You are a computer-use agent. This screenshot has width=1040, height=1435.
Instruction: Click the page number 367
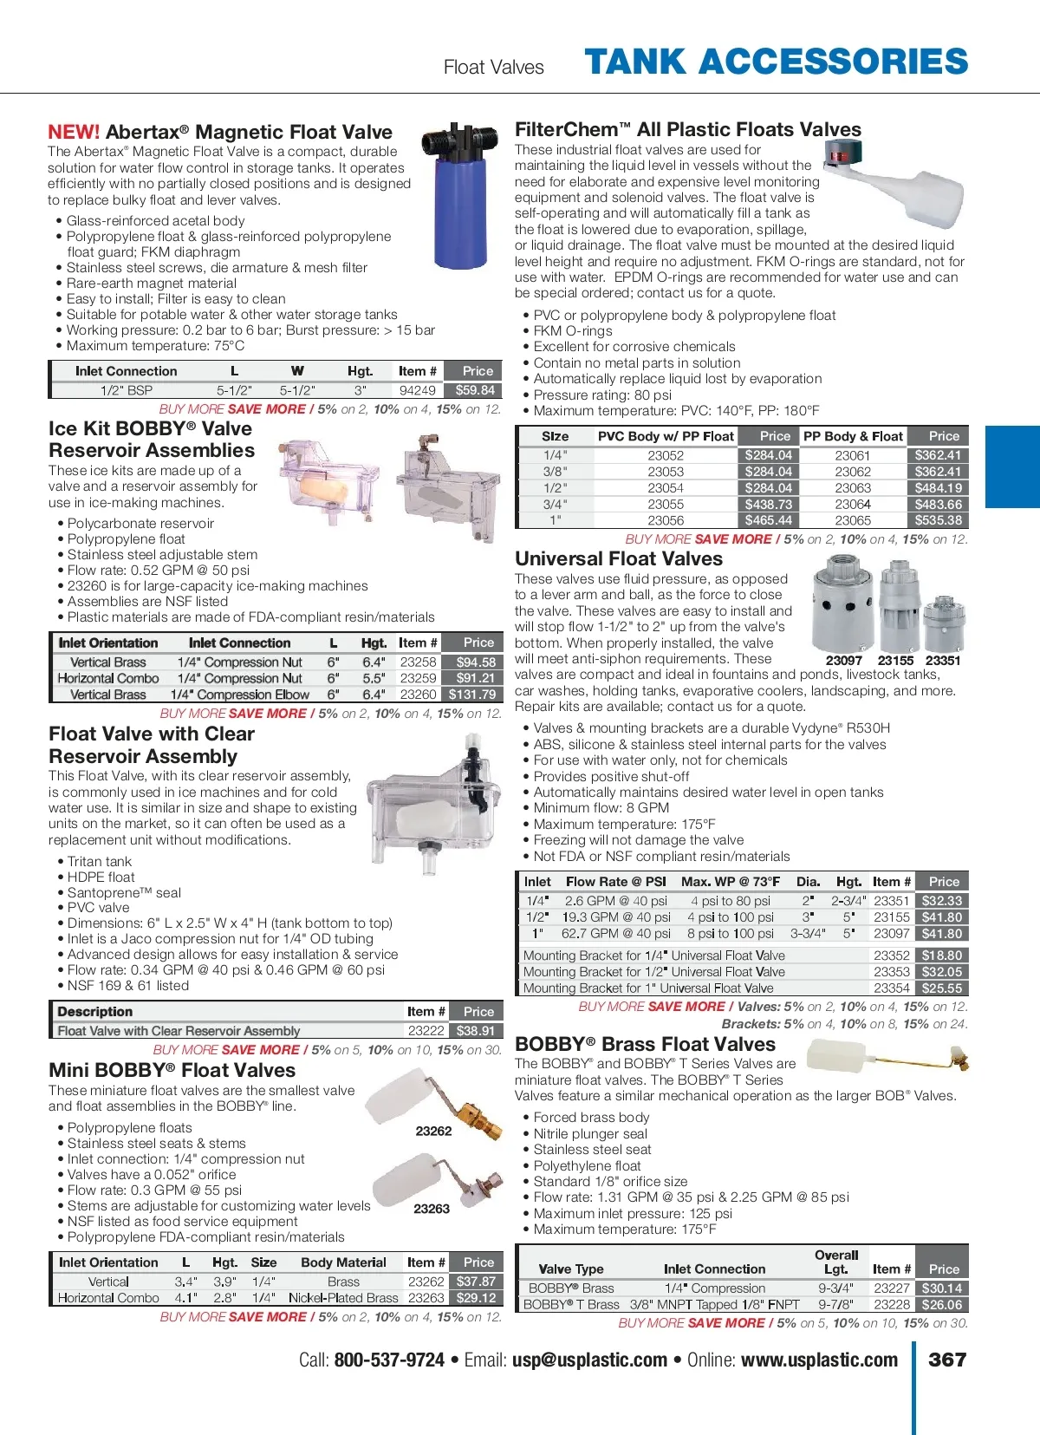946,1360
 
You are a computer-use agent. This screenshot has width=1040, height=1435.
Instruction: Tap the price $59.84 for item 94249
475,390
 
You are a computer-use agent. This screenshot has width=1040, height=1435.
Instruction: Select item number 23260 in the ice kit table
418,695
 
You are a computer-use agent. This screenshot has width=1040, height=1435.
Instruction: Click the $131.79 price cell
472,695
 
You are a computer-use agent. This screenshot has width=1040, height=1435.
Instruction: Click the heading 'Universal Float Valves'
619,559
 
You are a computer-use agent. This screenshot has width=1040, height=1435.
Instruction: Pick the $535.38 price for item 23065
939,520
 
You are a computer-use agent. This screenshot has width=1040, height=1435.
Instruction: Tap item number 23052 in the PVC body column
666,455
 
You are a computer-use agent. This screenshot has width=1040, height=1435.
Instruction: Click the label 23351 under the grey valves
943,661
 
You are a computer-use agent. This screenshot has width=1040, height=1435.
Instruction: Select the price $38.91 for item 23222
475,1031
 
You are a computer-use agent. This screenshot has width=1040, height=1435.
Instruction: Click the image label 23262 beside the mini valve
433,1131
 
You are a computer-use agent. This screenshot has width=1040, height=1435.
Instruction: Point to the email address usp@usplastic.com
589,1360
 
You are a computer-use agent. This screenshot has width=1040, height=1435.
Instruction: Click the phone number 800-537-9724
389,1360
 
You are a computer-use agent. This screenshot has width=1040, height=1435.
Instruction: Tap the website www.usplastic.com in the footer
819,1360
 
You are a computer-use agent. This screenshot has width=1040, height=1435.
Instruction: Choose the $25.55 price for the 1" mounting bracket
941,988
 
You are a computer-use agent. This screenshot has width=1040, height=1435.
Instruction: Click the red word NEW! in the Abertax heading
74,133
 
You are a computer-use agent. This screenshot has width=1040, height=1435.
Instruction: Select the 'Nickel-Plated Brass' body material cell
343,1298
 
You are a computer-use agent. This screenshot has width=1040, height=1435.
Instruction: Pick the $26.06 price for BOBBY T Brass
941,1305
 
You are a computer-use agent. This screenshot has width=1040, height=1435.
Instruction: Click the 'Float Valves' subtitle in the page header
493,68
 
